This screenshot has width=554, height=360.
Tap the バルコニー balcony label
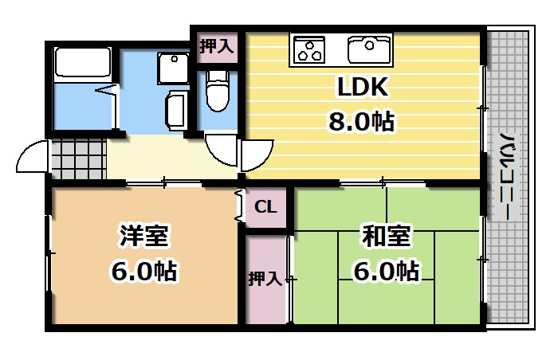coord(505,179)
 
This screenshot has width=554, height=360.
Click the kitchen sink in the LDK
coord(370,49)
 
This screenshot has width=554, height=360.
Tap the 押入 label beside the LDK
coord(217,46)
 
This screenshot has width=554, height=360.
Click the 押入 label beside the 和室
coord(265,280)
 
